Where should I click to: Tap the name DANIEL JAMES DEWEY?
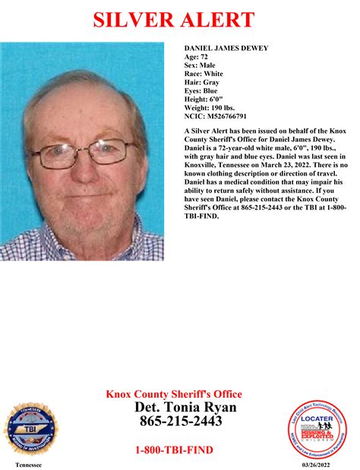226,49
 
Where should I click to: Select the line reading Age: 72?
195,57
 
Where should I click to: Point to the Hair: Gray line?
201,82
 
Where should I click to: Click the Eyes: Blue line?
201,90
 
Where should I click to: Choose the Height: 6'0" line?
202,99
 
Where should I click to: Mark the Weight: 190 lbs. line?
207,107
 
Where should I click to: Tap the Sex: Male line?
200,65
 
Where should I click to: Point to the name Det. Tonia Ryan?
185,408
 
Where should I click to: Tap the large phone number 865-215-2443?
179,421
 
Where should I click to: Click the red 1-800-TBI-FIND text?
174,450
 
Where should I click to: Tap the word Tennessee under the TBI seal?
28,464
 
